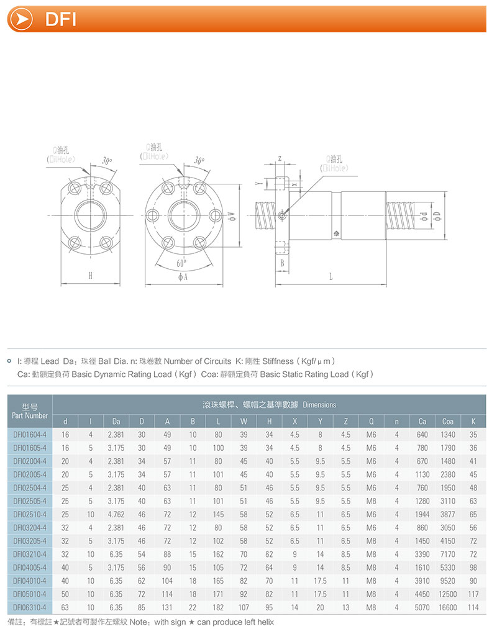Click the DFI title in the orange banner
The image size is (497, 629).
61,19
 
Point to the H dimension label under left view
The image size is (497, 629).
90,276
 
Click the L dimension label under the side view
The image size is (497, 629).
331,277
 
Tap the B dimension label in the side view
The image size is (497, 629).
282,263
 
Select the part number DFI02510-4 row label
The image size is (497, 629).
30,515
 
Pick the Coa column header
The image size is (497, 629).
447,422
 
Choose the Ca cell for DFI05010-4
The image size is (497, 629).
422,594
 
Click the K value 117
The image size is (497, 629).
473,594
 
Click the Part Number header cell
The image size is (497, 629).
30,411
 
